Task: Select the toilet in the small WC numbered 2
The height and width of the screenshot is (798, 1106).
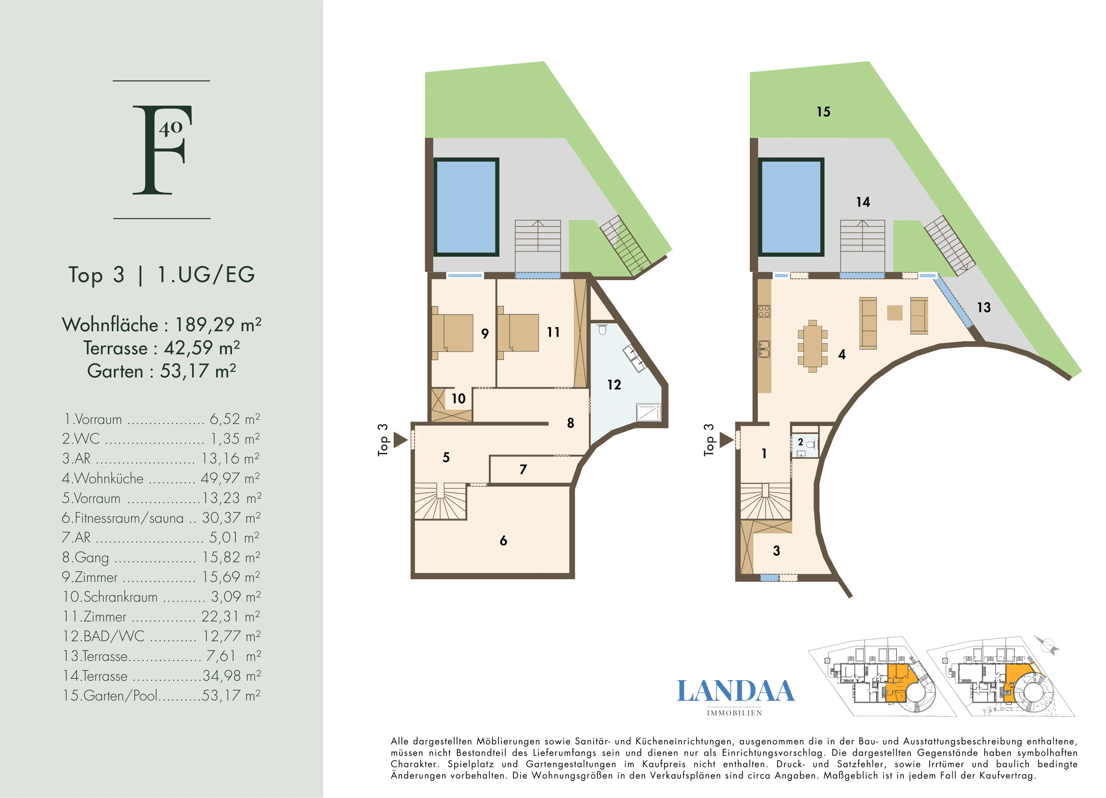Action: click(x=810, y=444)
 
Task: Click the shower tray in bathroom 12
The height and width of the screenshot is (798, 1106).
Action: click(x=649, y=412)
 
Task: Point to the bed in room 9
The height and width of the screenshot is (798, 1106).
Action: click(x=452, y=333)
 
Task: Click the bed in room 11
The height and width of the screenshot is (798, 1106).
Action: click(x=518, y=333)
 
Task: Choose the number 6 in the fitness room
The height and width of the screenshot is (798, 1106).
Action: click(x=503, y=540)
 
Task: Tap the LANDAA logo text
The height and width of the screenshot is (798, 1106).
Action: click(x=735, y=691)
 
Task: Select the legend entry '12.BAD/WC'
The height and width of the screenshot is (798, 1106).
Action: click(x=103, y=636)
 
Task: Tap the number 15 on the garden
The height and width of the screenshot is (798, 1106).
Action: click(x=824, y=112)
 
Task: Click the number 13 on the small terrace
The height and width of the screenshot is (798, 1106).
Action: click(x=984, y=307)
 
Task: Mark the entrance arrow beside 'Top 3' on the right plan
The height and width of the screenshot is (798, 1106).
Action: click(x=727, y=440)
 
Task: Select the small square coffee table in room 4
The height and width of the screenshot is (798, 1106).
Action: click(x=894, y=313)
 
